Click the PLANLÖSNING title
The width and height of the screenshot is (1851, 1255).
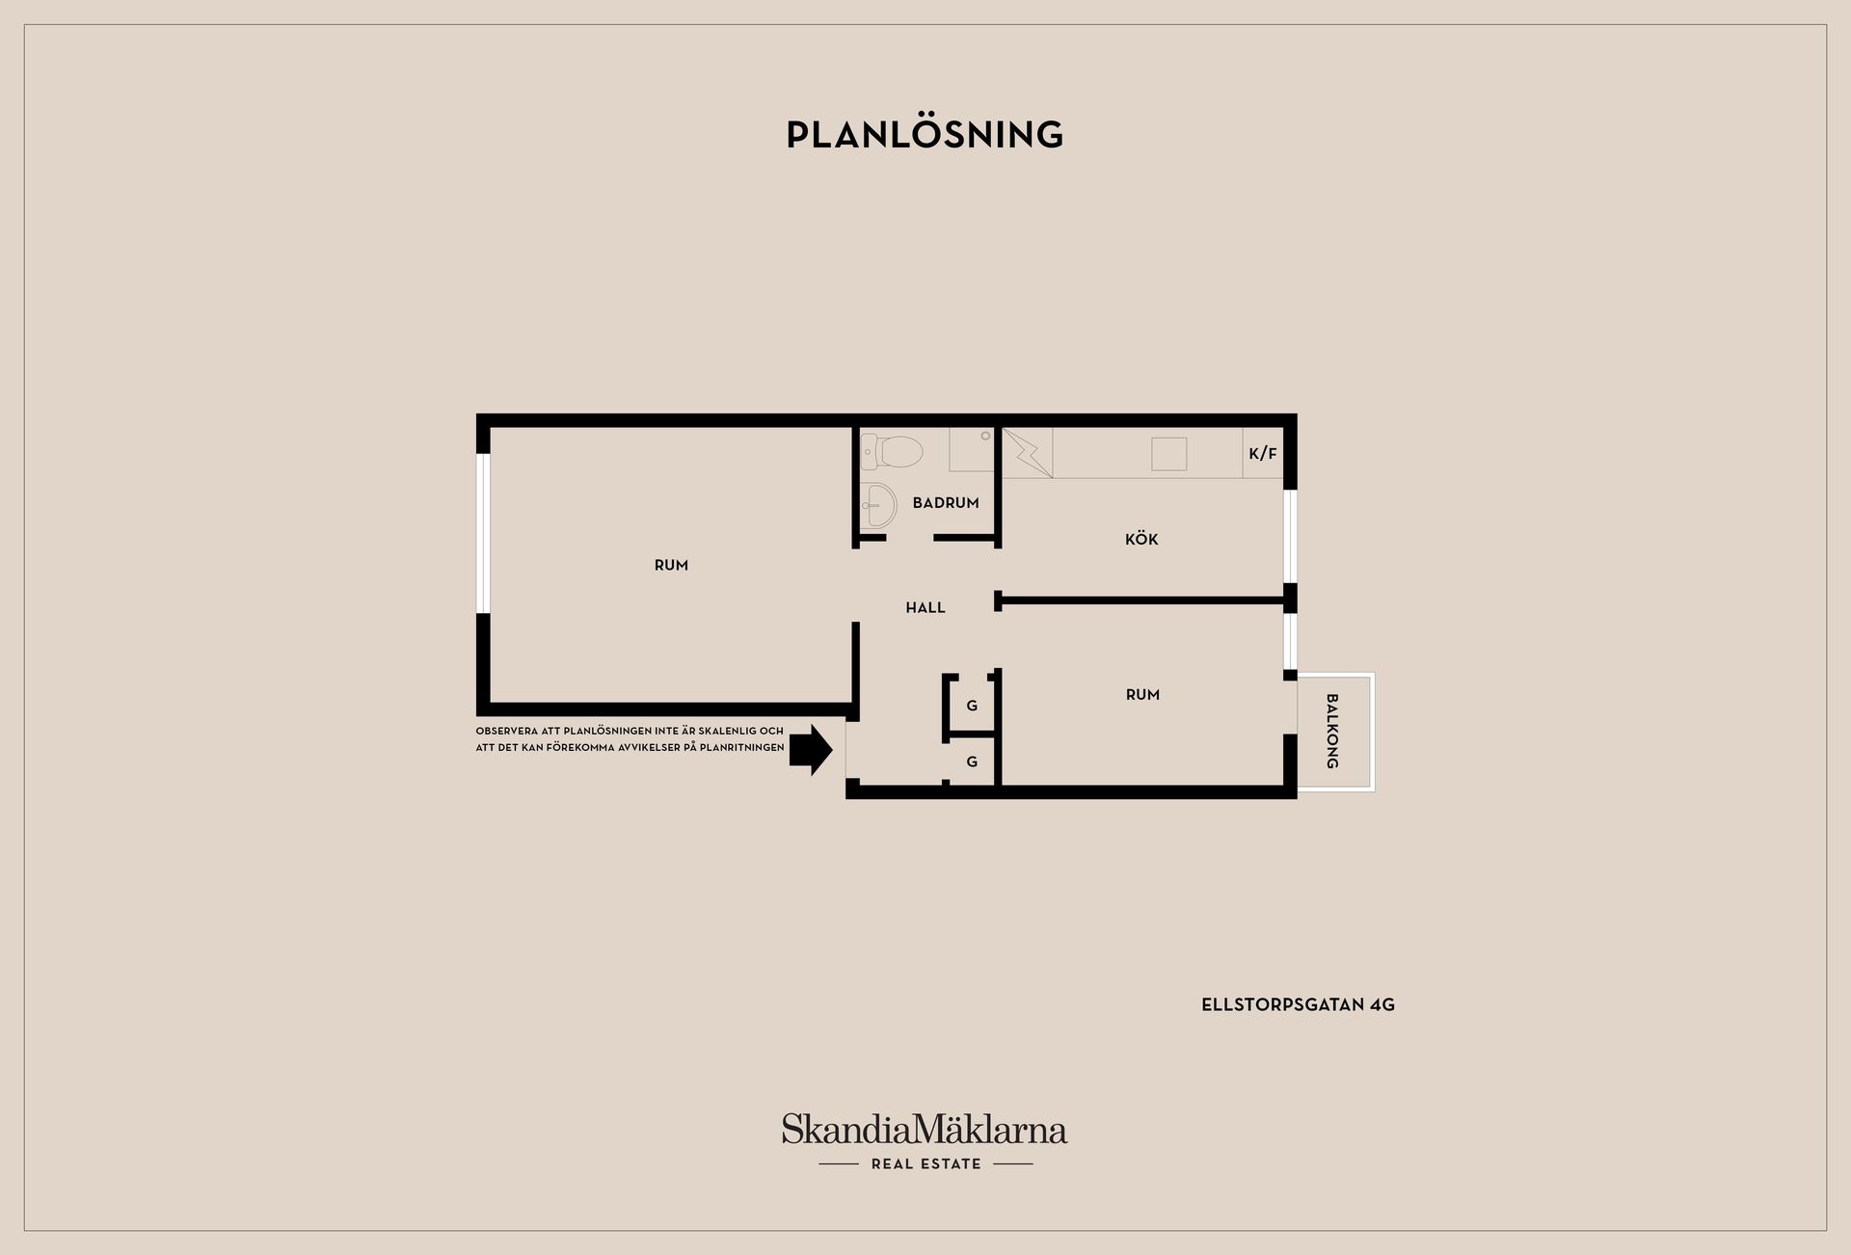(x=925, y=134)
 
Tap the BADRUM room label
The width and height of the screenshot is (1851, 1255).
(x=946, y=502)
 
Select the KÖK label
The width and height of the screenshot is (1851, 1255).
(x=1141, y=539)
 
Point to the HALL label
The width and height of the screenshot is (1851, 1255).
(x=925, y=607)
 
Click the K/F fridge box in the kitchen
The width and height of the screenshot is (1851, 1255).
(x=1263, y=453)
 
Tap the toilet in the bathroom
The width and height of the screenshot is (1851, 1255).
(x=893, y=450)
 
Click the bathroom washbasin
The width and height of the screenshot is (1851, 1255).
(x=878, y=504)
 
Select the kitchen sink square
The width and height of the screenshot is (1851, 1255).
(x=1168, y=453)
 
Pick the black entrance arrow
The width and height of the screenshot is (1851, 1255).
(x=811, y=749)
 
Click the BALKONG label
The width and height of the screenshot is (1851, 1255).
(x=1332, y=732)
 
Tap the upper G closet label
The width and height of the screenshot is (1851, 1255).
(x=972, y=706)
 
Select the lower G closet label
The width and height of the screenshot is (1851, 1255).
(x=972, y=761)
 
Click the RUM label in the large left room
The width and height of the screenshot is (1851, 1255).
(x=671, y=565)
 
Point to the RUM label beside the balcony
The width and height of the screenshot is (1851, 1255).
(x=1142, y=694)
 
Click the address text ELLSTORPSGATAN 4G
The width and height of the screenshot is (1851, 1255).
(x=1298, y=1004)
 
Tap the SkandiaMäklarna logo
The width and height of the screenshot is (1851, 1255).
(x=925, y=1129)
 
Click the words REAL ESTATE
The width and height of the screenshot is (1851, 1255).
(x=925, y=1163)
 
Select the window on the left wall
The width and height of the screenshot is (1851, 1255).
(x=484, y=533)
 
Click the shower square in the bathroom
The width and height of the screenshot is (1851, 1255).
(x=972, y=450)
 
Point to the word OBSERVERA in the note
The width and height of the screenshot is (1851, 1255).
(x=507, y=732)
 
